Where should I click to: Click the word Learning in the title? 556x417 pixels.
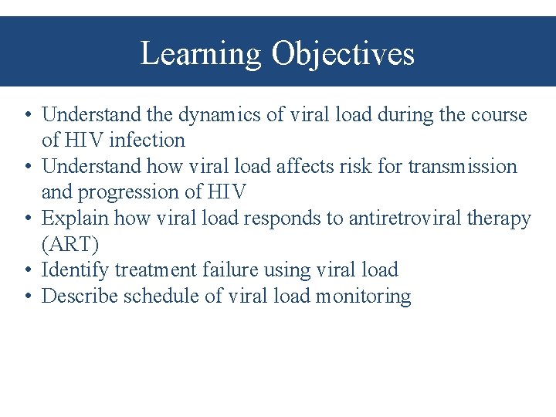click(x=202, y=54)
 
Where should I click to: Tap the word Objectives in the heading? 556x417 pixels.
click(x=343, y=54)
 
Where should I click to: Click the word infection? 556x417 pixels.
click(x=147, y=141)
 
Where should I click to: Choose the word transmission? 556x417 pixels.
click(x=463, y=166)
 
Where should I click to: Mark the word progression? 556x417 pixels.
click(x=136, y=192)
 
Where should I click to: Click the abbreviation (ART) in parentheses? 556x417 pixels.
click(x=69, y=245)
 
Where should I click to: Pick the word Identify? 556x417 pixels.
click(x=75, y=270)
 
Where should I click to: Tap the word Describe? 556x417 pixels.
click(x=78, y=296)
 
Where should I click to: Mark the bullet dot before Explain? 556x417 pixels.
click(x=27, y=219)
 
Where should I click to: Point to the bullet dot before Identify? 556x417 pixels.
click(x=27, y=271)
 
